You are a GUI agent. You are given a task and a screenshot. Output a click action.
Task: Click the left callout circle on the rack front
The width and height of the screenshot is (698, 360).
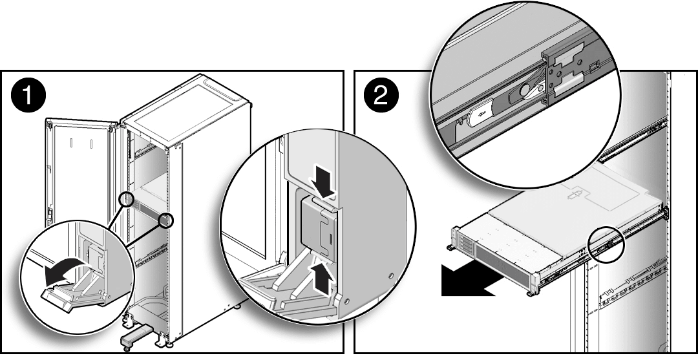click(x=127, y=200)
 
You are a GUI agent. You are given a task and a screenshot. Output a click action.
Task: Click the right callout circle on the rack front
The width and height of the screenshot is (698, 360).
click(x=166, y=220)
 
